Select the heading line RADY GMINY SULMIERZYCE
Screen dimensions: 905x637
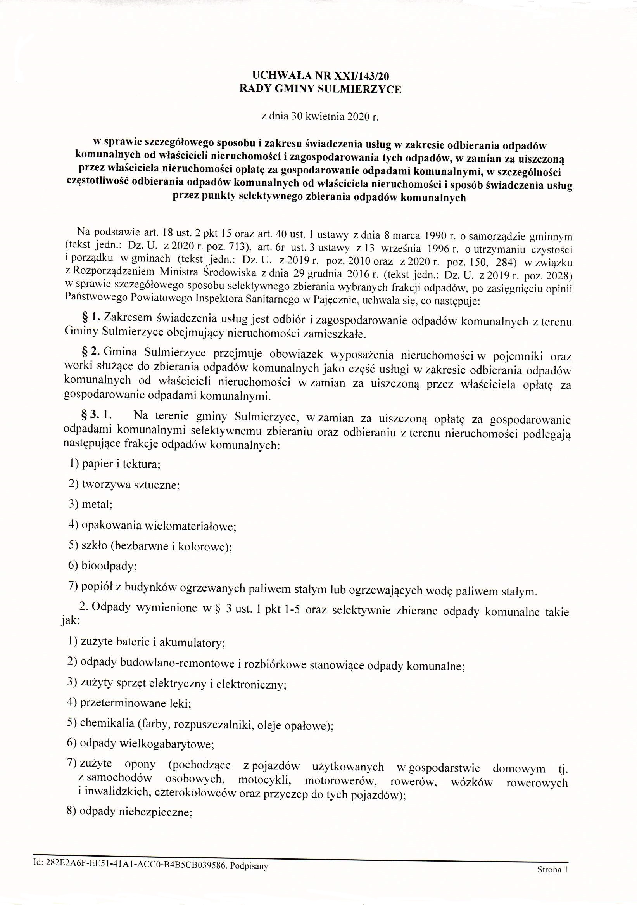point(320,89)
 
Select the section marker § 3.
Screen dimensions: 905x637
point(90,415)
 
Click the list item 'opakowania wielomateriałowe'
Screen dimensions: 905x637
point(159,526)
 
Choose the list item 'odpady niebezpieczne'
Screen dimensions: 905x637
point(136,801)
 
